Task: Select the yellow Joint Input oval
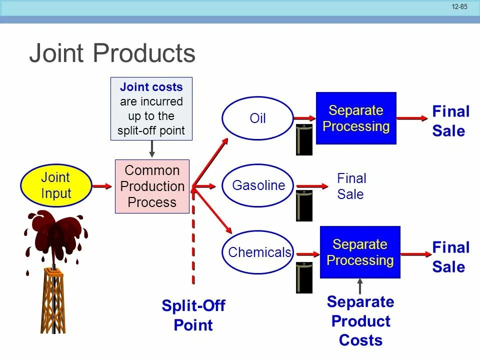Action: coord(55,185)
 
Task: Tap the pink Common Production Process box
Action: coord(152,186)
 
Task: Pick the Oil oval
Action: coord(257,119)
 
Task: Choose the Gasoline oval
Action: coord(258,185)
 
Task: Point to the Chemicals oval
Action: coord(258,252)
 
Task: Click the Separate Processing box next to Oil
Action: coord(355,118)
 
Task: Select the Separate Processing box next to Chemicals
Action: coord(360,252)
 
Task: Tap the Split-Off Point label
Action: coord(193,315)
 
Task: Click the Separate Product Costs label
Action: coord(360,321)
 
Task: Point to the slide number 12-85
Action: coord(459,7)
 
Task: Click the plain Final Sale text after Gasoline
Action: coord(351,186)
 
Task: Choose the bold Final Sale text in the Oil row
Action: coord(451,121)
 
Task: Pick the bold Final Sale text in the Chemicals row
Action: coord(451,257)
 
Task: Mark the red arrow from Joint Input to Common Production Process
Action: coord(102,186)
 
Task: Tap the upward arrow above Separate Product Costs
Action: coord(360,286)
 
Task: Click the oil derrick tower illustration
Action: coord(53,300)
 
